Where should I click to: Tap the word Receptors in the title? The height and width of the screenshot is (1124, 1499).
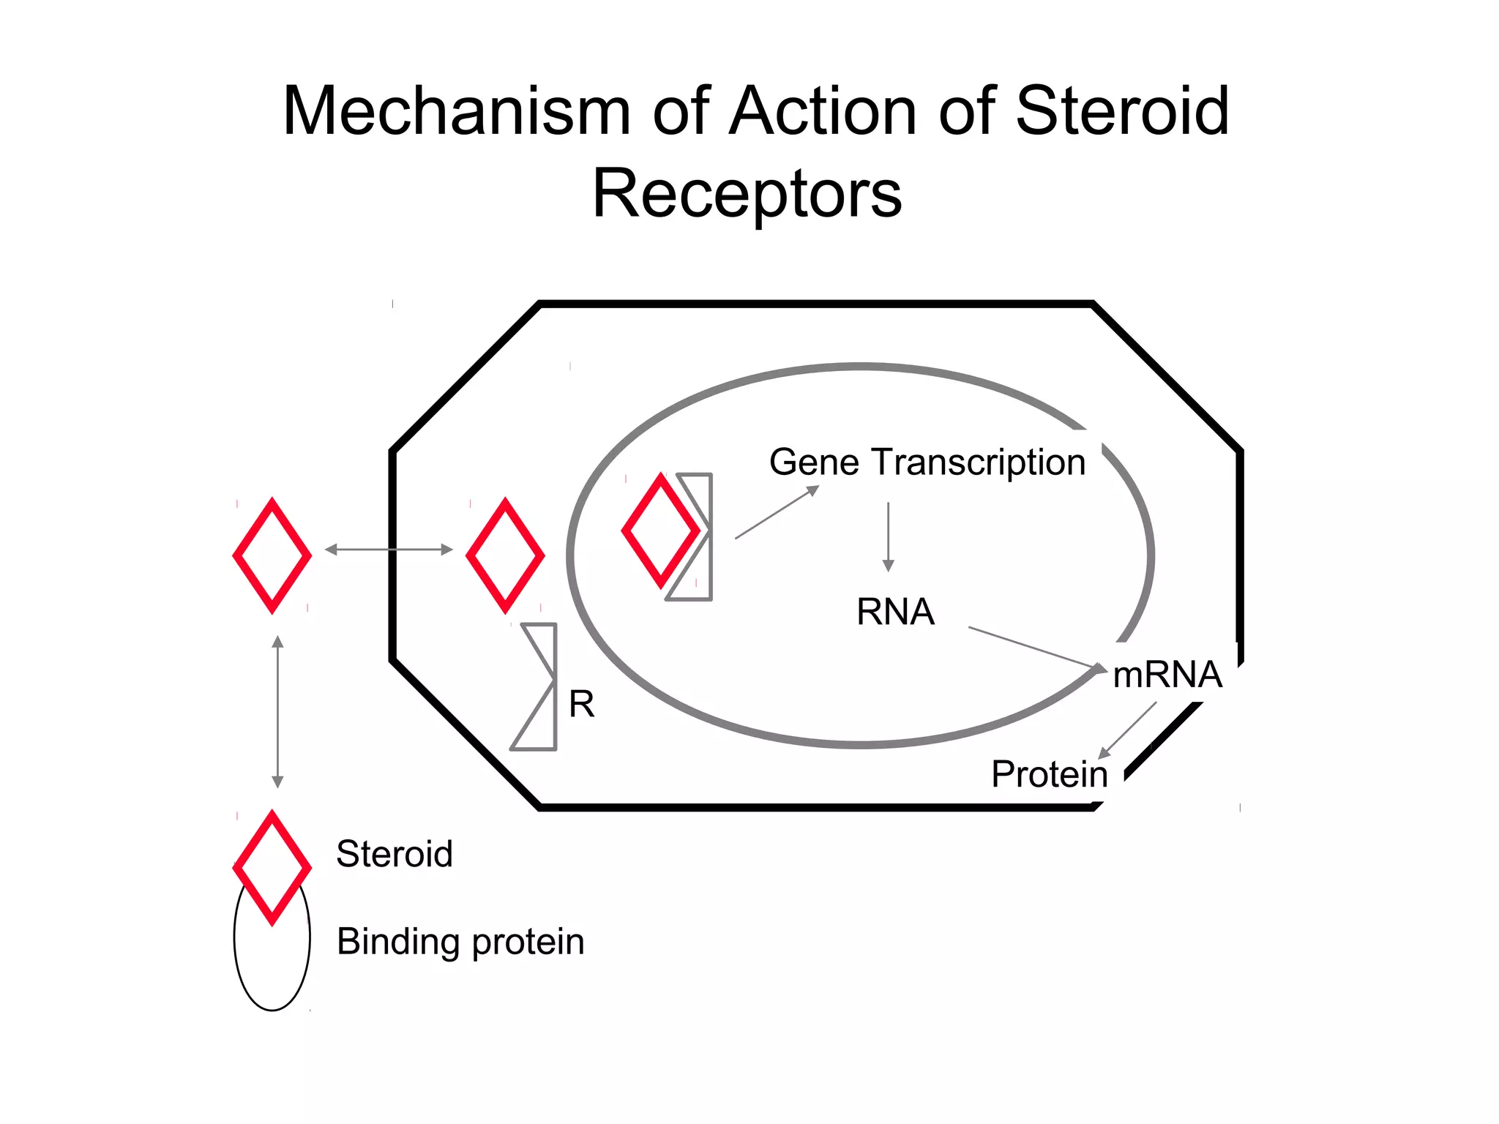point(747,194)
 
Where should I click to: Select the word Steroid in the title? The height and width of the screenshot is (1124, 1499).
point(1122,111)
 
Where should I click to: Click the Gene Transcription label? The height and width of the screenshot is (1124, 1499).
point(927,462)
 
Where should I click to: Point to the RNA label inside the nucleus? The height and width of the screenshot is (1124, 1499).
point(895,612)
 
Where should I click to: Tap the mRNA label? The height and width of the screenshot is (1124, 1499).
point(1167,675)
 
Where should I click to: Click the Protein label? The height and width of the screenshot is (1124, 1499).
point(1049,774)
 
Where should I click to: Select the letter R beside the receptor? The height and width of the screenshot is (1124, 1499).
point(581,705)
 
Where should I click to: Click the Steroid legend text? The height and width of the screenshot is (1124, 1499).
point(395,854)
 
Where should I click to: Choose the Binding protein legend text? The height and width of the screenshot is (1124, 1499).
point(460,942)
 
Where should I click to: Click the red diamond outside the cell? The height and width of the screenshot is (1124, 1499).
point(272,555)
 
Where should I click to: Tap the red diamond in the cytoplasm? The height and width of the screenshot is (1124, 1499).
point(505,555)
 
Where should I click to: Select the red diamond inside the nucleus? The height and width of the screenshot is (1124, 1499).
point(660,531)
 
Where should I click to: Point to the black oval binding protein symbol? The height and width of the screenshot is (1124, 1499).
point(272,966)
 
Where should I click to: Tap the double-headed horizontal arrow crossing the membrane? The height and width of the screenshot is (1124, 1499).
point(389,550)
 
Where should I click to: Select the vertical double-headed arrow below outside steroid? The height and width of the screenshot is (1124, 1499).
point(277,711)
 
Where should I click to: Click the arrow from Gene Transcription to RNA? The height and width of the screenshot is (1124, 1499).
point(888,536)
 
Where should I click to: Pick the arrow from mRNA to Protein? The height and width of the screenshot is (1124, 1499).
point(1127,730)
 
